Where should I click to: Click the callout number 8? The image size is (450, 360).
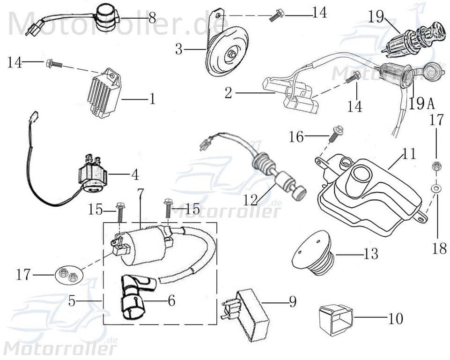152,18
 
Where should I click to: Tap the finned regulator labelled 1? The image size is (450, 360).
104,93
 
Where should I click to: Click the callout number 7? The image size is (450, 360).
140,192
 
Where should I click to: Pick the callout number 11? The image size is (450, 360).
409,154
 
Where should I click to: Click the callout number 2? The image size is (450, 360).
228,93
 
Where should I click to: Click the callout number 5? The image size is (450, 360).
72,300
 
